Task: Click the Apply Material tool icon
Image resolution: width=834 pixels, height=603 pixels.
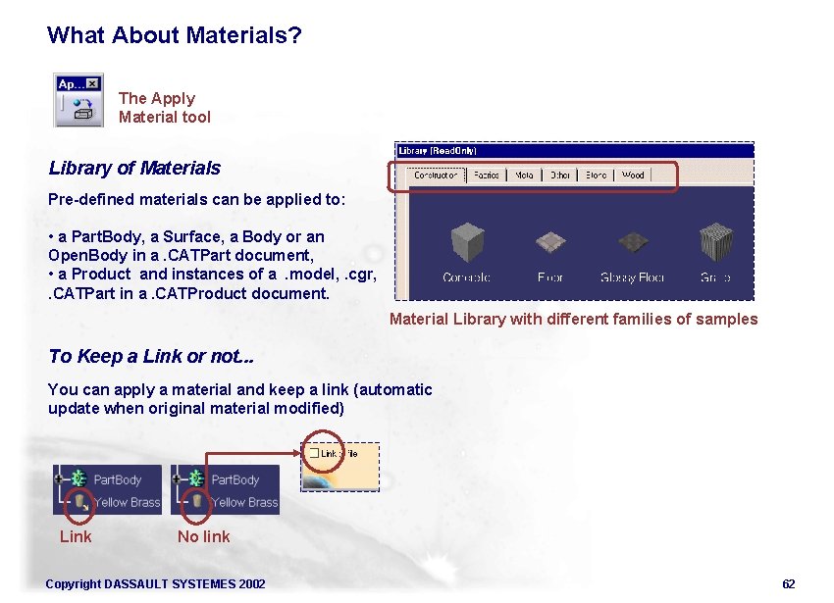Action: click(78, 100)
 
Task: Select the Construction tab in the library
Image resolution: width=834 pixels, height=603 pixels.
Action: click(436, 176)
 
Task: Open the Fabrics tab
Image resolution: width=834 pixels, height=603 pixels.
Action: click(486, 176)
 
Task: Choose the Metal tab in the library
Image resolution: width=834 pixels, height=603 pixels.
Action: click(524, 176)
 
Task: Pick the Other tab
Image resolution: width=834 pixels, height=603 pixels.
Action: click(559, 176)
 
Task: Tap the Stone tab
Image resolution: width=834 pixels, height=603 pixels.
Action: click(596, 176)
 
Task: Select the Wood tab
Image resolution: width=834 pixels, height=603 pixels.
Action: click(633, 176)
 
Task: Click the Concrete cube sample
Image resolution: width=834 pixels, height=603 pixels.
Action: click(467, 243)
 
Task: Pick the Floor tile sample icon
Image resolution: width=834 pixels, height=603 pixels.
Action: click(550, 243)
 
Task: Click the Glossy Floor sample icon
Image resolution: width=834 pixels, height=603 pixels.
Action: click(632, 243)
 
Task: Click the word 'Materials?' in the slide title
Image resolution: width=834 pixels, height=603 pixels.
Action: click(243, 36)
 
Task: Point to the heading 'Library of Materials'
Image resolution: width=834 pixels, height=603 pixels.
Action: click(134, 169)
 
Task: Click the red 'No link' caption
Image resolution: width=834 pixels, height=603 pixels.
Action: click(203, 536)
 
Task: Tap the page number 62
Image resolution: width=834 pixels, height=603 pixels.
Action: click(788, 584)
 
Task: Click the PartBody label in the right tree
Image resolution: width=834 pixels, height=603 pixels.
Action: click(235, 479)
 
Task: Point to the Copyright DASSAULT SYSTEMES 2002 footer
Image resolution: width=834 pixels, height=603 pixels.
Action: click(155, 584)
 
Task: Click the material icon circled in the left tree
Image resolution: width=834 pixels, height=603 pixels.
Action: click(79, 501)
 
